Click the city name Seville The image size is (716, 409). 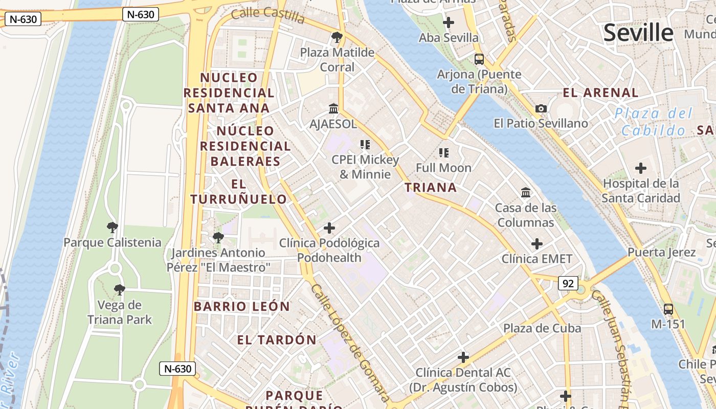click(x=638, y=33)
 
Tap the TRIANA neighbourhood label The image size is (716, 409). click(x=431, y=188)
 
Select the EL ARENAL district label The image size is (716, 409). click(x=600, y=93)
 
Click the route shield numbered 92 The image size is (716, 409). click(x=568, y=283)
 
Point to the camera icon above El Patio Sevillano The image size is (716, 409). click(x=541, y=108)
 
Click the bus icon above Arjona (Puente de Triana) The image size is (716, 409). click(x=479, y=59)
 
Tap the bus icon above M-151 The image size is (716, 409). click(x=668, y=309)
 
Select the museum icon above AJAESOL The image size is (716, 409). click(x=333, y=109)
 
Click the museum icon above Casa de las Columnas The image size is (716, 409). click(x=525, y=193)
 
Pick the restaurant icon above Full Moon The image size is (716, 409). click(x=443, y=152)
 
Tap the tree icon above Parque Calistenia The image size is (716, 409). click(x=113, y=228)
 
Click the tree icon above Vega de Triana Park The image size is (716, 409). click(x=119, y=290)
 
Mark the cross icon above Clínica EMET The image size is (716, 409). click(x=536, y=244)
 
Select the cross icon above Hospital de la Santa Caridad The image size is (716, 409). click(x=640, y=168)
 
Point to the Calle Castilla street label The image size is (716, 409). click(x=267, y=15)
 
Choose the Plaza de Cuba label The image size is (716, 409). click(x=542, y=328)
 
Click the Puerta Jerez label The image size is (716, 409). click(x=661, y=252)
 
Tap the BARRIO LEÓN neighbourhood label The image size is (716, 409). click(x=241, y=307)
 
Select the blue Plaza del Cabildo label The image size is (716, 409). click(x=653, y=122)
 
